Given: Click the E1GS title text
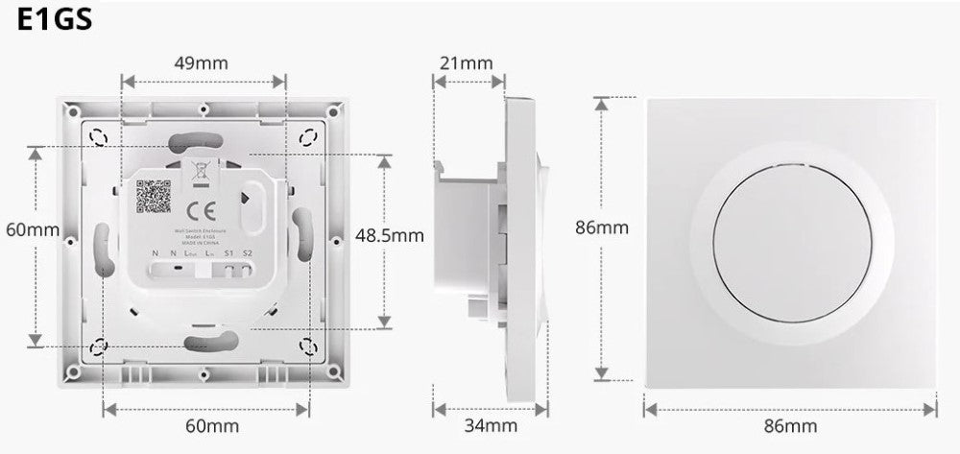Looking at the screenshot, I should pyautogui.click(x=55, y=21).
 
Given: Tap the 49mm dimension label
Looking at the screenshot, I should pyautogui.click(x=201, y=63).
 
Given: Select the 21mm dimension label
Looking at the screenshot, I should pyautogui.click(x=466, y=63).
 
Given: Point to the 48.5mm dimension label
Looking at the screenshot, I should pyautogui.click(x=389, y=233).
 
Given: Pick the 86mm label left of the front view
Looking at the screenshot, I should pyautogui.click(x=602, y=227).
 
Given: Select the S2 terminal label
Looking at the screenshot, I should pyautogui.click(x=247, y=253).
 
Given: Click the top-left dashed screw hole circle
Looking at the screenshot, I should pyautogui.click(x=98, y=138).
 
